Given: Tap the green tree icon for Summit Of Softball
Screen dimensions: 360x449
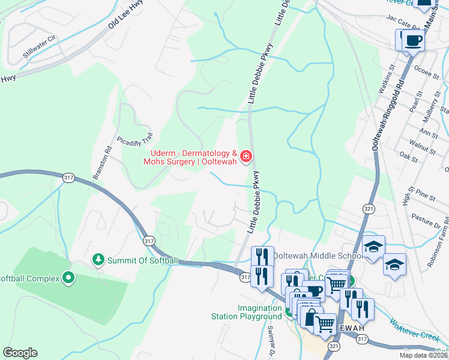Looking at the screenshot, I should [97, 260].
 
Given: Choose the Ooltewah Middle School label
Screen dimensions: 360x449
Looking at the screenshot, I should [317, 256].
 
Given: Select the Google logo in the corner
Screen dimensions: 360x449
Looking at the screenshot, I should [20, 353].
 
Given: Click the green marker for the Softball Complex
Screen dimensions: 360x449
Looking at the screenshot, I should [68, 278].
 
